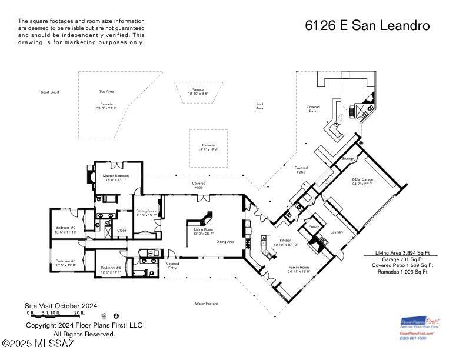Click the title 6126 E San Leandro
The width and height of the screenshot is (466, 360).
[x=367, y=26]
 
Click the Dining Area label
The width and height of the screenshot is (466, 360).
[x=225, y=242]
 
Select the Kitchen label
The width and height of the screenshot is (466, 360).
[x=286, y=241]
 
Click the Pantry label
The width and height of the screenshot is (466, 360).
[x=314, y=226]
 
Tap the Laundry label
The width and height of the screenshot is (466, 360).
[x=337, y=232]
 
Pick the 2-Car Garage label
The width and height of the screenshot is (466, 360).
[x=362, y=181]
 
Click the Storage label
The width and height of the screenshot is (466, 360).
[x=348, y=159]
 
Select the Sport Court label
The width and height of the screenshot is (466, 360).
[x=50, y=92]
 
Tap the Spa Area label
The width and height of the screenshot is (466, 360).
[x=106, y=92]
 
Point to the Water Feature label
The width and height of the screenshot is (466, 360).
[x=207, y=304]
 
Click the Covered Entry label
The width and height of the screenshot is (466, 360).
[x=172, y=265]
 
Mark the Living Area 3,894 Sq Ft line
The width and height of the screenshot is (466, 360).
[x=403, y=253]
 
